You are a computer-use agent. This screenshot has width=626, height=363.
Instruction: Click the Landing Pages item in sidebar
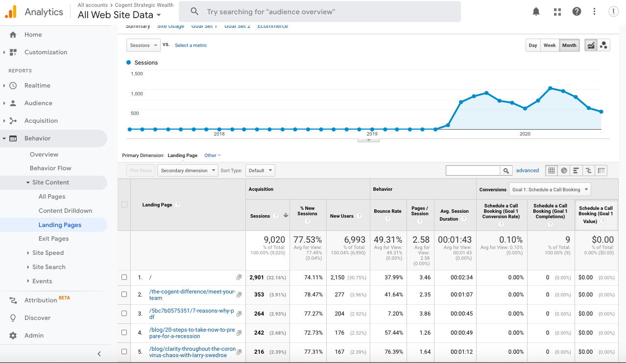point(60,225)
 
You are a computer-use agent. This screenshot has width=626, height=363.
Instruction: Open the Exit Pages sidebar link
point(53,239)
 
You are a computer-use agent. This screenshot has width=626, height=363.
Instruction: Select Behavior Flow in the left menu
point(50,168)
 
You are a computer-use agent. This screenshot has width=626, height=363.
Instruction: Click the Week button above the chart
point(550,45)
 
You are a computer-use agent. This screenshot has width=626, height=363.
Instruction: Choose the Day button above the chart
point(533,45)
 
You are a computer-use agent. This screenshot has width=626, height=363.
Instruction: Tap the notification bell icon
point(536,12)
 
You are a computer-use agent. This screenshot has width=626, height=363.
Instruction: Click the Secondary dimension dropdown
point(188,171)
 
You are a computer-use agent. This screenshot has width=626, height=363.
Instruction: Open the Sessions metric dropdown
point(143,45)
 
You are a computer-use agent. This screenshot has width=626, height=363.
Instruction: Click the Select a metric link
point(191,45)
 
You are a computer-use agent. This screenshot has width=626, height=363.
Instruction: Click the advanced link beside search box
point(527,171)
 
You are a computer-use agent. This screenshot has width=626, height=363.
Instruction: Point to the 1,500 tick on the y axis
point(137,74)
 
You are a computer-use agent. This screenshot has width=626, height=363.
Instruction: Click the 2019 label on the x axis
point(372,134)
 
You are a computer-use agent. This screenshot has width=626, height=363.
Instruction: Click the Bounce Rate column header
point(387,211)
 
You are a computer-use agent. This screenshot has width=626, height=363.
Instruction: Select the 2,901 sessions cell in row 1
point(257,277)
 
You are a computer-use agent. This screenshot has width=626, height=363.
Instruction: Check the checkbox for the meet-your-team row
point(124,295)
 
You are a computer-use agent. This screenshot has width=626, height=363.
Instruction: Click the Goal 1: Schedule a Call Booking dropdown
point(550,190)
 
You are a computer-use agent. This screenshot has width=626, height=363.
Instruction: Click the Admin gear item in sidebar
point(34,336)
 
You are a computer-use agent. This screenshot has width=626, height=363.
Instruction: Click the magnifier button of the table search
point(506,171)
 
